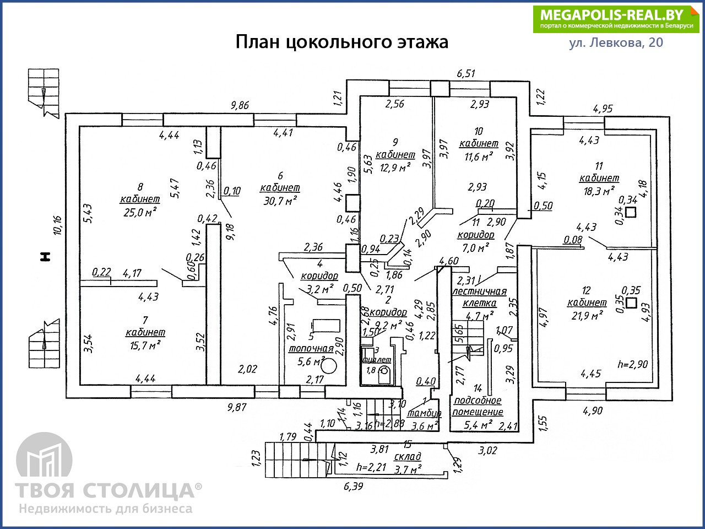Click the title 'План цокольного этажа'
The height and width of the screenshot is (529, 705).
341,42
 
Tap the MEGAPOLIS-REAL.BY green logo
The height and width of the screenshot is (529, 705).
615,19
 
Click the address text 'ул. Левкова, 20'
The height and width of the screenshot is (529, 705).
616,43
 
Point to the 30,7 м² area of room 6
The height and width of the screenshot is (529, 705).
280,201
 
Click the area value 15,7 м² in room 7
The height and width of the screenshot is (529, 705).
145,345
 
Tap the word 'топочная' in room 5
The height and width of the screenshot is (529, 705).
311,348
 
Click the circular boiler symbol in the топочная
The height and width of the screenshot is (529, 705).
329,365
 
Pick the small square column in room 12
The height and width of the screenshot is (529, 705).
631,303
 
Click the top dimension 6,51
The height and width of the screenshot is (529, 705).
466,74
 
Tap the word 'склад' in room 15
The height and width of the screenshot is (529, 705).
408,456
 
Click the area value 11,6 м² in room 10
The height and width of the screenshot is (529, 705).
476,157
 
